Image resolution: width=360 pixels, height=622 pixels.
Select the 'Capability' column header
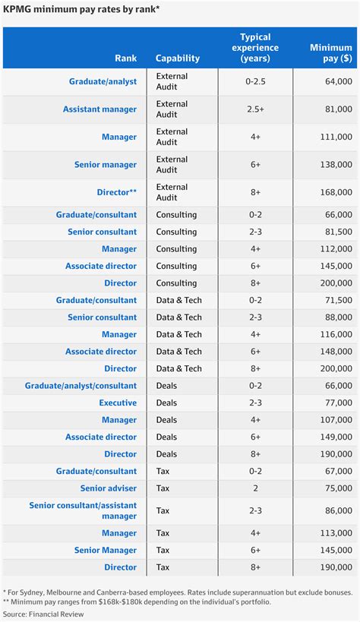(x=178, y=58)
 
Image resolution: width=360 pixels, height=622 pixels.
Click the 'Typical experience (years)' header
(x=255, y=47)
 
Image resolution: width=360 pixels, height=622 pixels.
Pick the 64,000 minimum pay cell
(x=334, y=81)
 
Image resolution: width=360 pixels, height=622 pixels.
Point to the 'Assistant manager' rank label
(x=99, y=109)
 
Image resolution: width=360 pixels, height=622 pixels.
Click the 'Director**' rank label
(x=116, y=193)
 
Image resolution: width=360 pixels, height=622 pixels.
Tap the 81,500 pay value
(x=334, y=232)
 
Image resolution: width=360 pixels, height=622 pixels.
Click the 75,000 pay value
(x=334, y=488)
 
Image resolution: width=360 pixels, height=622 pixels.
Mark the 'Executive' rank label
(x=118, y=403)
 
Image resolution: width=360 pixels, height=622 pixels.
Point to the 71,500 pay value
(x=334, y=301)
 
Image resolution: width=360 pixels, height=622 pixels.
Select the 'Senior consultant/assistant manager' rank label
(x=83, y=510)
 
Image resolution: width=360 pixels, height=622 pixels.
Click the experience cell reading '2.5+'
(x=254, y=109)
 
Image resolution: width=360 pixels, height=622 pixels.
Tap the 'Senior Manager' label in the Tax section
(x=106, y=551)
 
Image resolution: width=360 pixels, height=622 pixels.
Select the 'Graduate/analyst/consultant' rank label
(x=81, y=386)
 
